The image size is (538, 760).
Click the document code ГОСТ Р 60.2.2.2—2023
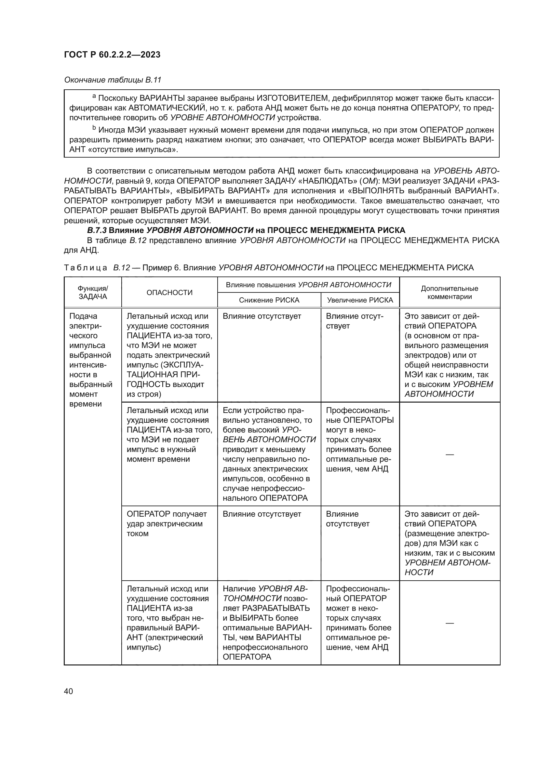[112, 55]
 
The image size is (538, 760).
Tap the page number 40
[69, 691]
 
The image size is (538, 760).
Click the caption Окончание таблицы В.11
[113, 80]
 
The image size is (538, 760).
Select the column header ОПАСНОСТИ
[169, 292]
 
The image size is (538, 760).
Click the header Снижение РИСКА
[269, 300]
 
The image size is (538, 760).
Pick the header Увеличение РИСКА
[360, 300]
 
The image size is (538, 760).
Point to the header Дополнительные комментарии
[449, 292]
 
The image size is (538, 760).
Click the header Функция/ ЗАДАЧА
[93, 292]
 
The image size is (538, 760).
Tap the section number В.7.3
[97, 230]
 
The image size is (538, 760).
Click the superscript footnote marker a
[94, 96]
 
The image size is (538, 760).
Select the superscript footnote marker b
[94, 128]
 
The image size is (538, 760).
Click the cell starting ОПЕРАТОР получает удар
[167, 523]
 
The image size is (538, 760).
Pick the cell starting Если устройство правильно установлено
[269, 454]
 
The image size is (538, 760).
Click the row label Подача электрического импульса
[91, 360]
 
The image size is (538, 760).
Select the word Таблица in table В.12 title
[86, 267]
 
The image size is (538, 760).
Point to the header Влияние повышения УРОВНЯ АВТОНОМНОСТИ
[308, 285]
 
